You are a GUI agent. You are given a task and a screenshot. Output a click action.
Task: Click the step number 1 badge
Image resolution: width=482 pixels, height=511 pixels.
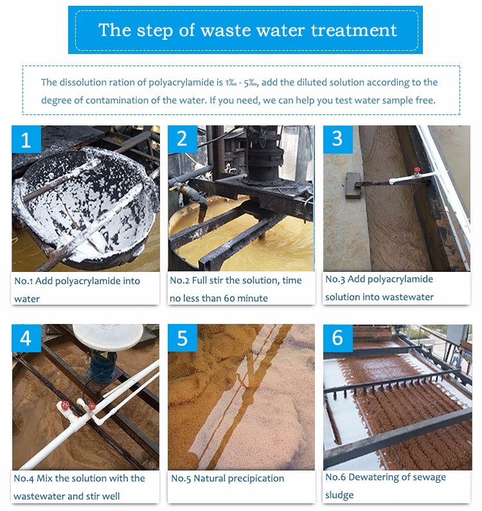26,139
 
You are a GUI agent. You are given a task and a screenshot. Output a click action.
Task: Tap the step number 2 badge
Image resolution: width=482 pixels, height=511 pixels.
182,139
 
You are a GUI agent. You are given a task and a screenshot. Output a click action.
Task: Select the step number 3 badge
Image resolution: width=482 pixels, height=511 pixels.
337,139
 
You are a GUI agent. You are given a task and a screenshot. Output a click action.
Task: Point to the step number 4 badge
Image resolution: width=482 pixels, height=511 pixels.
26,338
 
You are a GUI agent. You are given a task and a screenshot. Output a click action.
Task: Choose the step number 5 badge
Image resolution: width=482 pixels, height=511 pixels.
182,338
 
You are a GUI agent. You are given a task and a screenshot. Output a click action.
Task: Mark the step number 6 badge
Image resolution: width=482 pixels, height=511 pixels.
337,338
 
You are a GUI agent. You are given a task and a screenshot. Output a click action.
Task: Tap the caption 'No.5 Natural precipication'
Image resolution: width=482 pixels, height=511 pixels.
228,478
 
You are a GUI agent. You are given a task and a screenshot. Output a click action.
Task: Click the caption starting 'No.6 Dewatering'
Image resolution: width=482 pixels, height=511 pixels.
385,485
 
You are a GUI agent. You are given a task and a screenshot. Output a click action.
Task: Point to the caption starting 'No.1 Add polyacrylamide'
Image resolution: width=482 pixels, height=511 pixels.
77,289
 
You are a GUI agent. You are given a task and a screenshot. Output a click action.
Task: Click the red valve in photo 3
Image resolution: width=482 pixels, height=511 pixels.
417,171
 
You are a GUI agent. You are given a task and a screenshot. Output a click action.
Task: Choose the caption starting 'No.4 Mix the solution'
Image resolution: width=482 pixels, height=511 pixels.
80,487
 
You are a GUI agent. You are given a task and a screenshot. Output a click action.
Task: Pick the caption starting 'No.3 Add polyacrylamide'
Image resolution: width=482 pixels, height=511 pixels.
379,287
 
